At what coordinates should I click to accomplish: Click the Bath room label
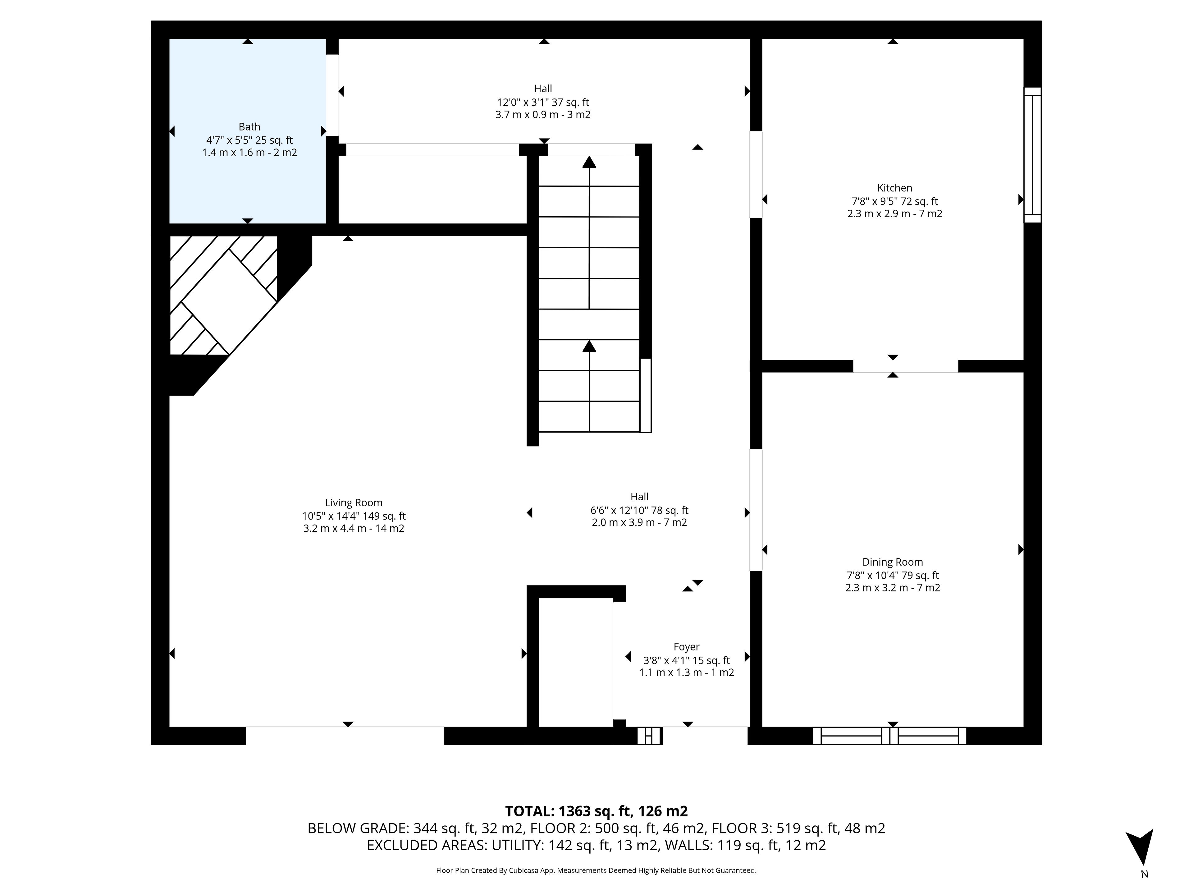[x=249, y=127]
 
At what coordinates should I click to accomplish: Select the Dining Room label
[x=893, y=562]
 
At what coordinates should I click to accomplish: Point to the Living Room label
[x=354, y=503]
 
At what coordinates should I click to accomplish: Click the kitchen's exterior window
[x=1033, y=155]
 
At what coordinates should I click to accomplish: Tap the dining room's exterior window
[x=890, y=736]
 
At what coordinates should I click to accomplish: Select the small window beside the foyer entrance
[x=649, y=736]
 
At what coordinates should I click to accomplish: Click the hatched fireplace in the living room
[x=223, y=295]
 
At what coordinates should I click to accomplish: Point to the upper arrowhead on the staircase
[x=589, y=162]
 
